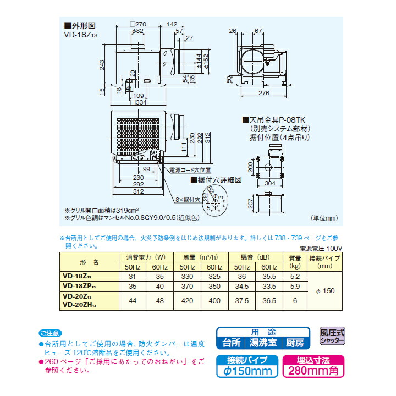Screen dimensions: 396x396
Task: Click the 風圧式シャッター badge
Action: (x=333, y=336)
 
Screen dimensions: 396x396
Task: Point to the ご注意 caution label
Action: (x=51, y=333)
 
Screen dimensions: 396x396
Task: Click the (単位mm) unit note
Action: (x=325, y=218)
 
